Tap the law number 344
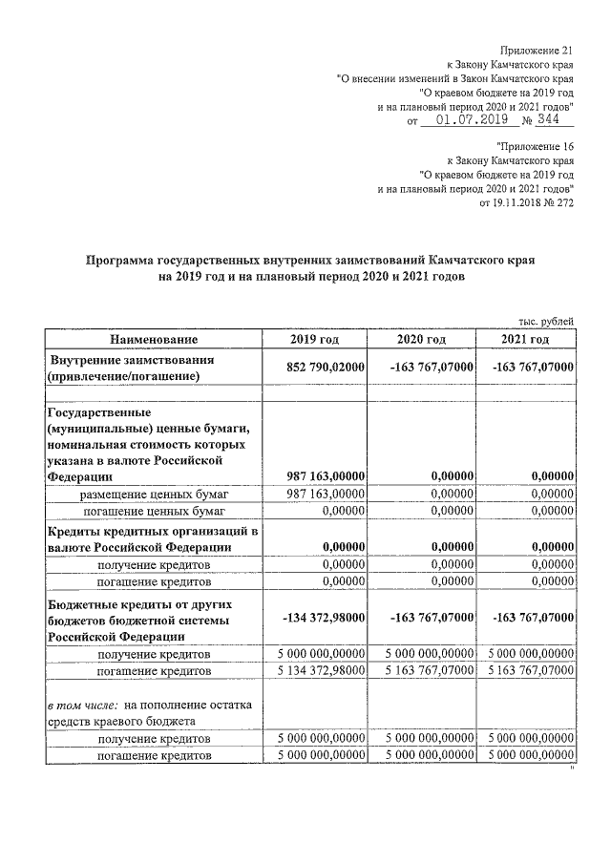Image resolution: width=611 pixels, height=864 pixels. pyautogui.click(x=548, y=121)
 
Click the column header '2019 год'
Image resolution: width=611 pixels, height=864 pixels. pyautogui.click(x=314, y=339)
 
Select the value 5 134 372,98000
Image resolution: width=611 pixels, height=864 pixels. pyautogui.click(x=321, y=670)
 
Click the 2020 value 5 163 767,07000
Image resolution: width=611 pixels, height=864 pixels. pyautogui.click(x=427, y=670)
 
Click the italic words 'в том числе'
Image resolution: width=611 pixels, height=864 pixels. pyautogui.click(x=81, y=704)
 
